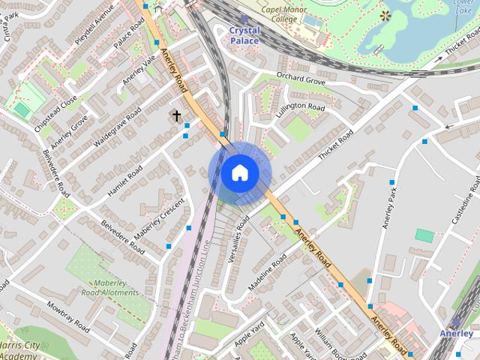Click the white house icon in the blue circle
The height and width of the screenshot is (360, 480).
tap(240, 173)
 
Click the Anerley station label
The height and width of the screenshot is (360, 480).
tap(456, 333)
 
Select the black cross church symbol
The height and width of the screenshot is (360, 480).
tap(177, 116)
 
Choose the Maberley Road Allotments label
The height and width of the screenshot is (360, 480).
tap(109, 288)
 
